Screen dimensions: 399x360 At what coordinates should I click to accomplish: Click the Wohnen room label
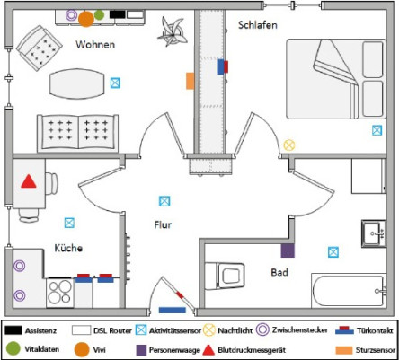95,44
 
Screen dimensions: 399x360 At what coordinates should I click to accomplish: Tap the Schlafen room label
258,25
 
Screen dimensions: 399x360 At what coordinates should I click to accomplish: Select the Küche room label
68,248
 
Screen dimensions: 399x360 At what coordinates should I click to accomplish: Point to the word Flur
163,224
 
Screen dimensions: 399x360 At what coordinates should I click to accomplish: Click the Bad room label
279,272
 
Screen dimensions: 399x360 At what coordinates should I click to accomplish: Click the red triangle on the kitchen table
29,181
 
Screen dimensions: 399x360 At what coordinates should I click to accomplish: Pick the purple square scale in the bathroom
288,250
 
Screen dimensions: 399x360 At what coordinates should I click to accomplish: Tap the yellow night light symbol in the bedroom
289,145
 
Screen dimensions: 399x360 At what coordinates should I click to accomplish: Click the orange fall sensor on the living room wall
191,81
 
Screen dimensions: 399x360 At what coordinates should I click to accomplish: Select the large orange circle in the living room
86,19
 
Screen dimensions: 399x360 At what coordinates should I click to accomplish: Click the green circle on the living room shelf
99,14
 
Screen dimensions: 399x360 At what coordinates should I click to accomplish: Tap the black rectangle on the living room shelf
117,14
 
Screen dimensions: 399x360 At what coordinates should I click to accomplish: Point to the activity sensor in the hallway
164,201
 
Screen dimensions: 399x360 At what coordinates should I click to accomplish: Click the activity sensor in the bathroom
333,252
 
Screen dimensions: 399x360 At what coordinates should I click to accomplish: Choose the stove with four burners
60,293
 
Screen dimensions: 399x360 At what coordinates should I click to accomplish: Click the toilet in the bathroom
225,276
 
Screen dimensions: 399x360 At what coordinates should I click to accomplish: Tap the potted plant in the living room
173,32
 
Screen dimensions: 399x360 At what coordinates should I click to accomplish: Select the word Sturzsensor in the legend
376,350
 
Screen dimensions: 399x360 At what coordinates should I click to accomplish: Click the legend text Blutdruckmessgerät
252,350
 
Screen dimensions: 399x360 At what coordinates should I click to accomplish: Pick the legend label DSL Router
112,330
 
